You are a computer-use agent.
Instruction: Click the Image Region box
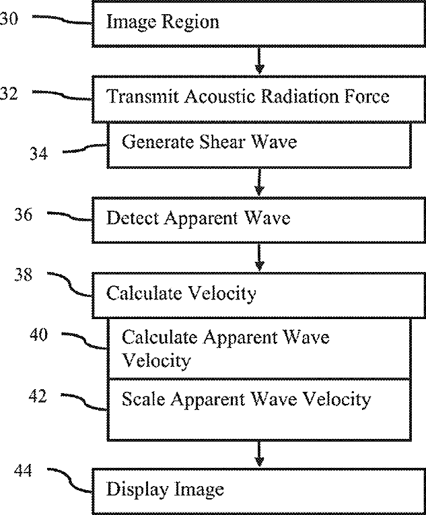(260, 23)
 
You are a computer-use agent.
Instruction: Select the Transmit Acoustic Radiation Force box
(260, 98)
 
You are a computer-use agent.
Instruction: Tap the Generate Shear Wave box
(259, 144)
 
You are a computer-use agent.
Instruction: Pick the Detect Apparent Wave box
(260, 219)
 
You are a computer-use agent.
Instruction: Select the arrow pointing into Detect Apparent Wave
(260, 182)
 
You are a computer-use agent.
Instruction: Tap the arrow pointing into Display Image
(260, 452)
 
